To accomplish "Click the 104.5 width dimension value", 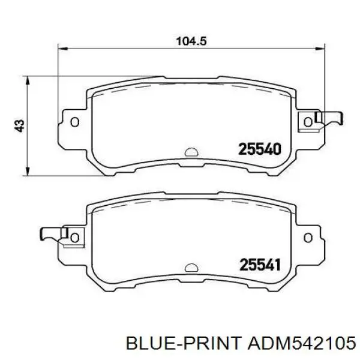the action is click(x=191, y=41).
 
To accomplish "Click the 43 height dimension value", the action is click(x=20, y=125).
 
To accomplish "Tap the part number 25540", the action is click(x=260, y=149).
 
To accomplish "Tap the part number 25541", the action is click(x=260, y=265).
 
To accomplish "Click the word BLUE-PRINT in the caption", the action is click(x=184, y=344).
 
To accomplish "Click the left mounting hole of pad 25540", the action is click(x=75, y=122).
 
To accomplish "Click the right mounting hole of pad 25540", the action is click(x=308, y=122).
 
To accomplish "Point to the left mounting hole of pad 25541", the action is click(x=75, y=238).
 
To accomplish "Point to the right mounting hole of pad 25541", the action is click(x=308, y=238).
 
